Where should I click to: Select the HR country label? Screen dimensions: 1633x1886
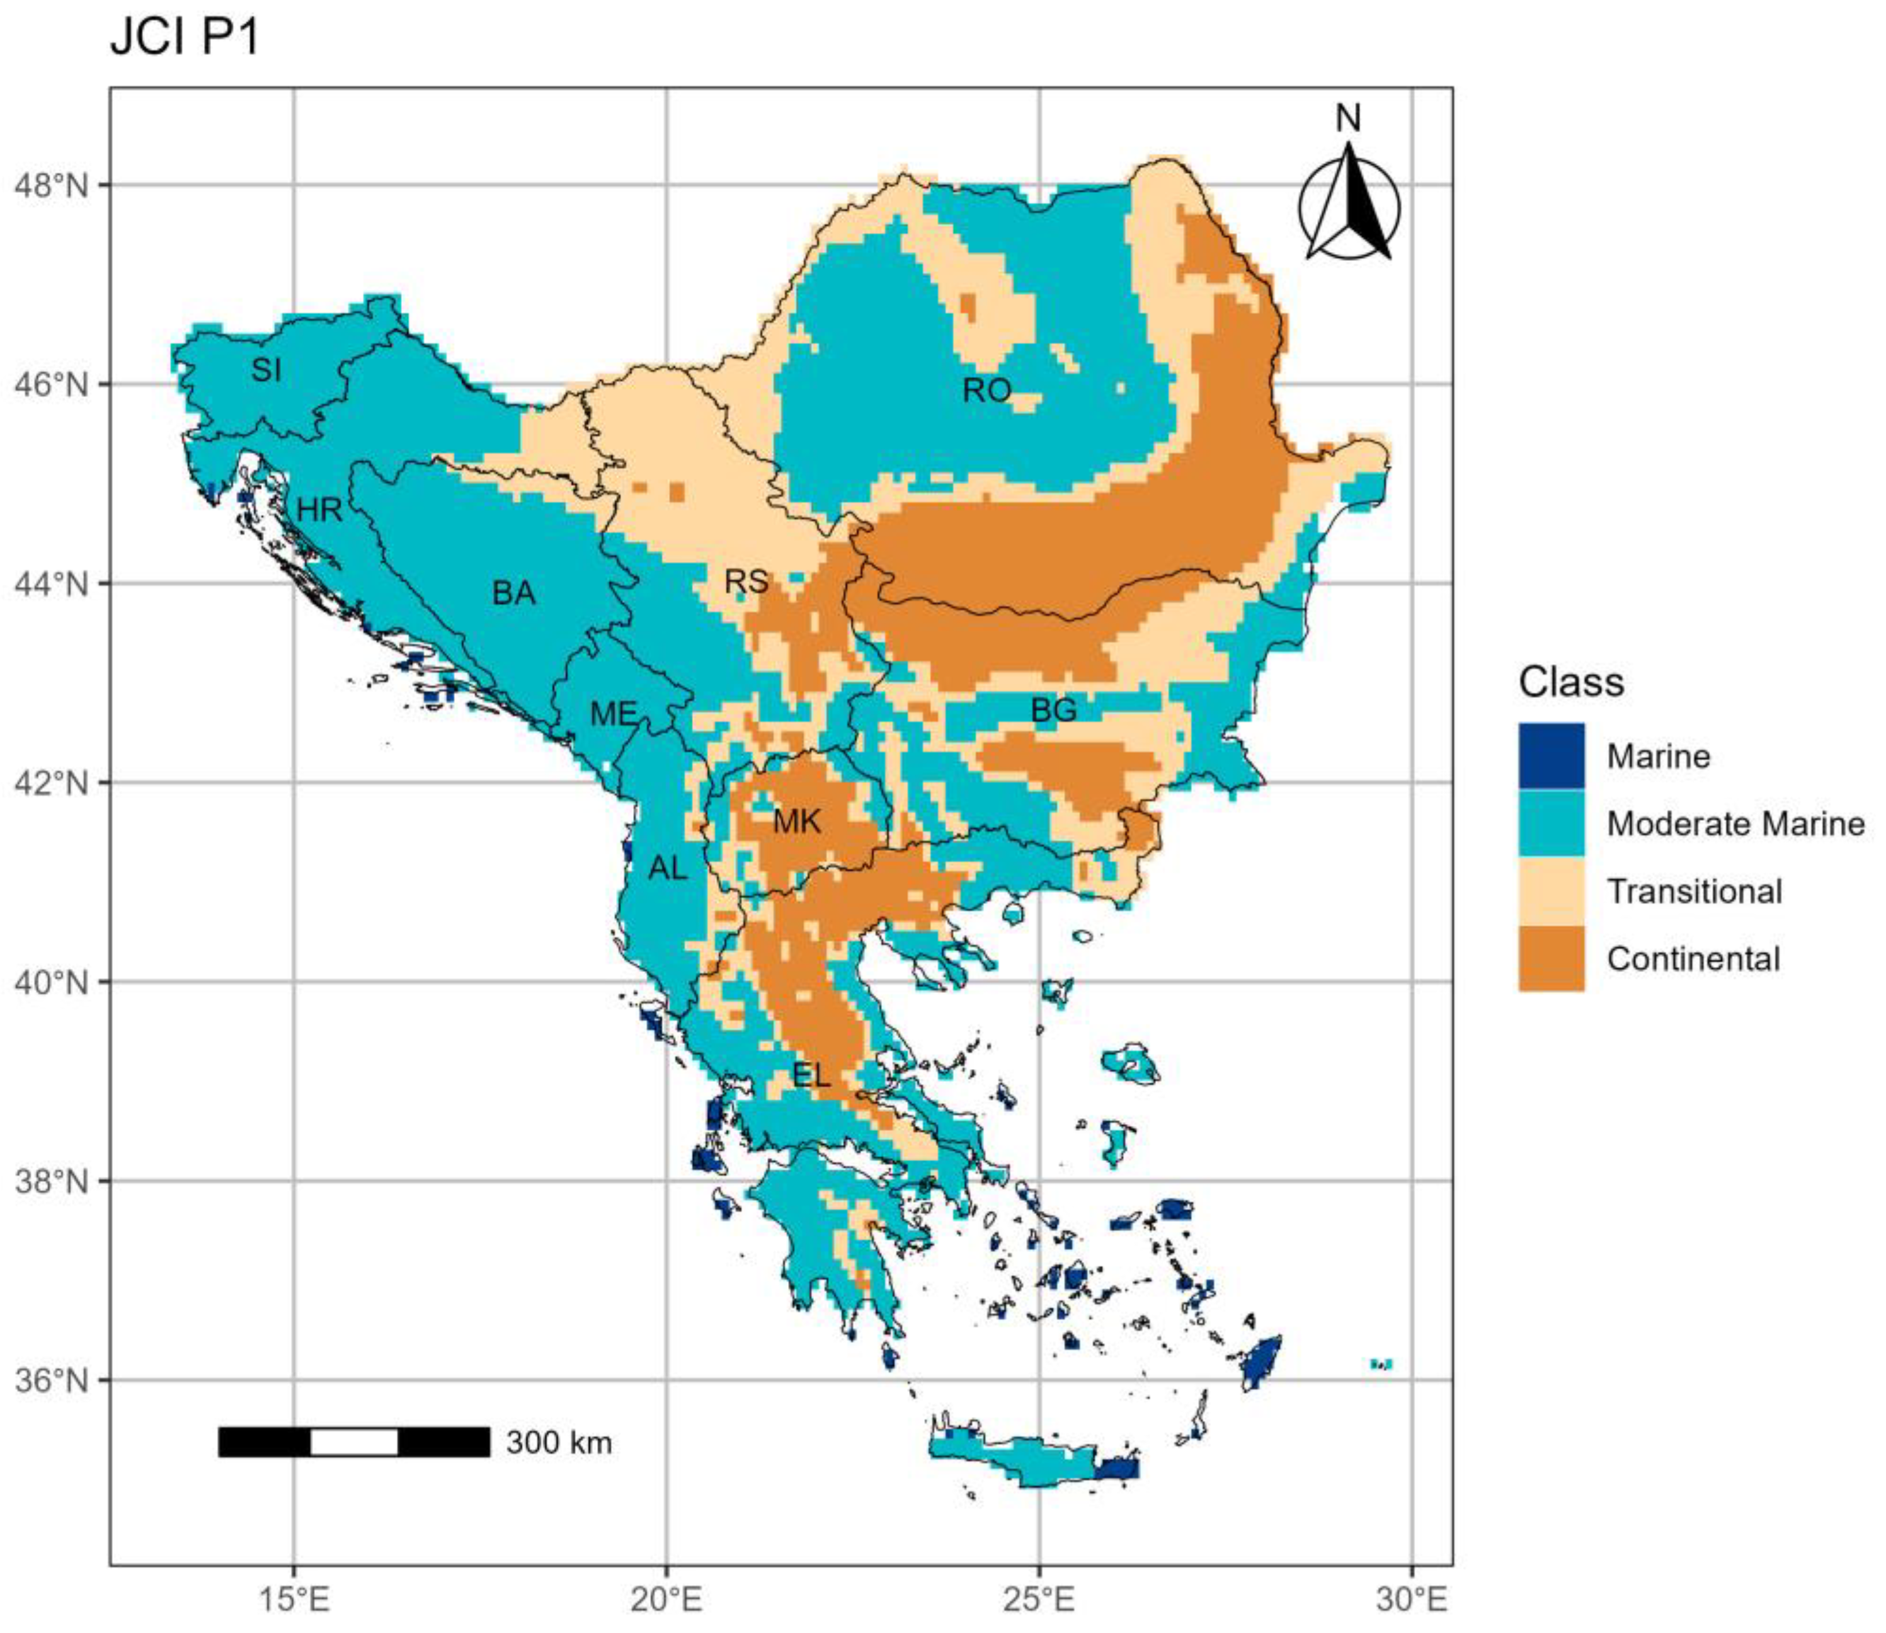(319, 510)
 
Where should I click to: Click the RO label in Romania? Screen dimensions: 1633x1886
(986, 391)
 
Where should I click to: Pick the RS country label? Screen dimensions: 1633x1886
(746, 582)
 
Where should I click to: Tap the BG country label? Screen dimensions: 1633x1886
(1053, 711)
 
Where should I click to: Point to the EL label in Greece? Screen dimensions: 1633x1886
(811, 1076)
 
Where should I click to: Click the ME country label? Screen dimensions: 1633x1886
(613, 714)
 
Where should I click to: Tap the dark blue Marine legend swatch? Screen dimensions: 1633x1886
(1551, 755)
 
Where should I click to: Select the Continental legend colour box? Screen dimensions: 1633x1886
(1551, 959)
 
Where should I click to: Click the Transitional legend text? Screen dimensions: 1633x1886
(1694, 891)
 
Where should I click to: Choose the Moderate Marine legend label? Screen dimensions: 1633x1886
(1735, 824)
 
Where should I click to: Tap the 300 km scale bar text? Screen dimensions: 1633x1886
(559, 1443)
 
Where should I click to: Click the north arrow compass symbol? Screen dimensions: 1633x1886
(1349, 205)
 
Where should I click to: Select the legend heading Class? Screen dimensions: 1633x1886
(1571, 682)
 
